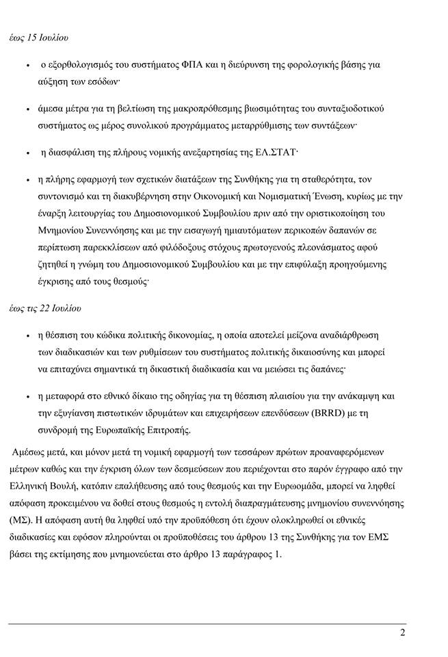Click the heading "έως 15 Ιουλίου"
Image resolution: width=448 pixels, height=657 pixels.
tap(42, 34)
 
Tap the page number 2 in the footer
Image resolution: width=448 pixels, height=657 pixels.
tap(403, 632)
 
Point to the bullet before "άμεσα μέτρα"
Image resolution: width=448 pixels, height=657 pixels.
tap(26, 109)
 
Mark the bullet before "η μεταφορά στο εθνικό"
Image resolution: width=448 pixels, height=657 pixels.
tap(26, 396)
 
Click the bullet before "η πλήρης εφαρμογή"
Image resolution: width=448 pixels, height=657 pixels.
tap(26, 180)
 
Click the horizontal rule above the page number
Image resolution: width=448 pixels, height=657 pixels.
tap(205, 624)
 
